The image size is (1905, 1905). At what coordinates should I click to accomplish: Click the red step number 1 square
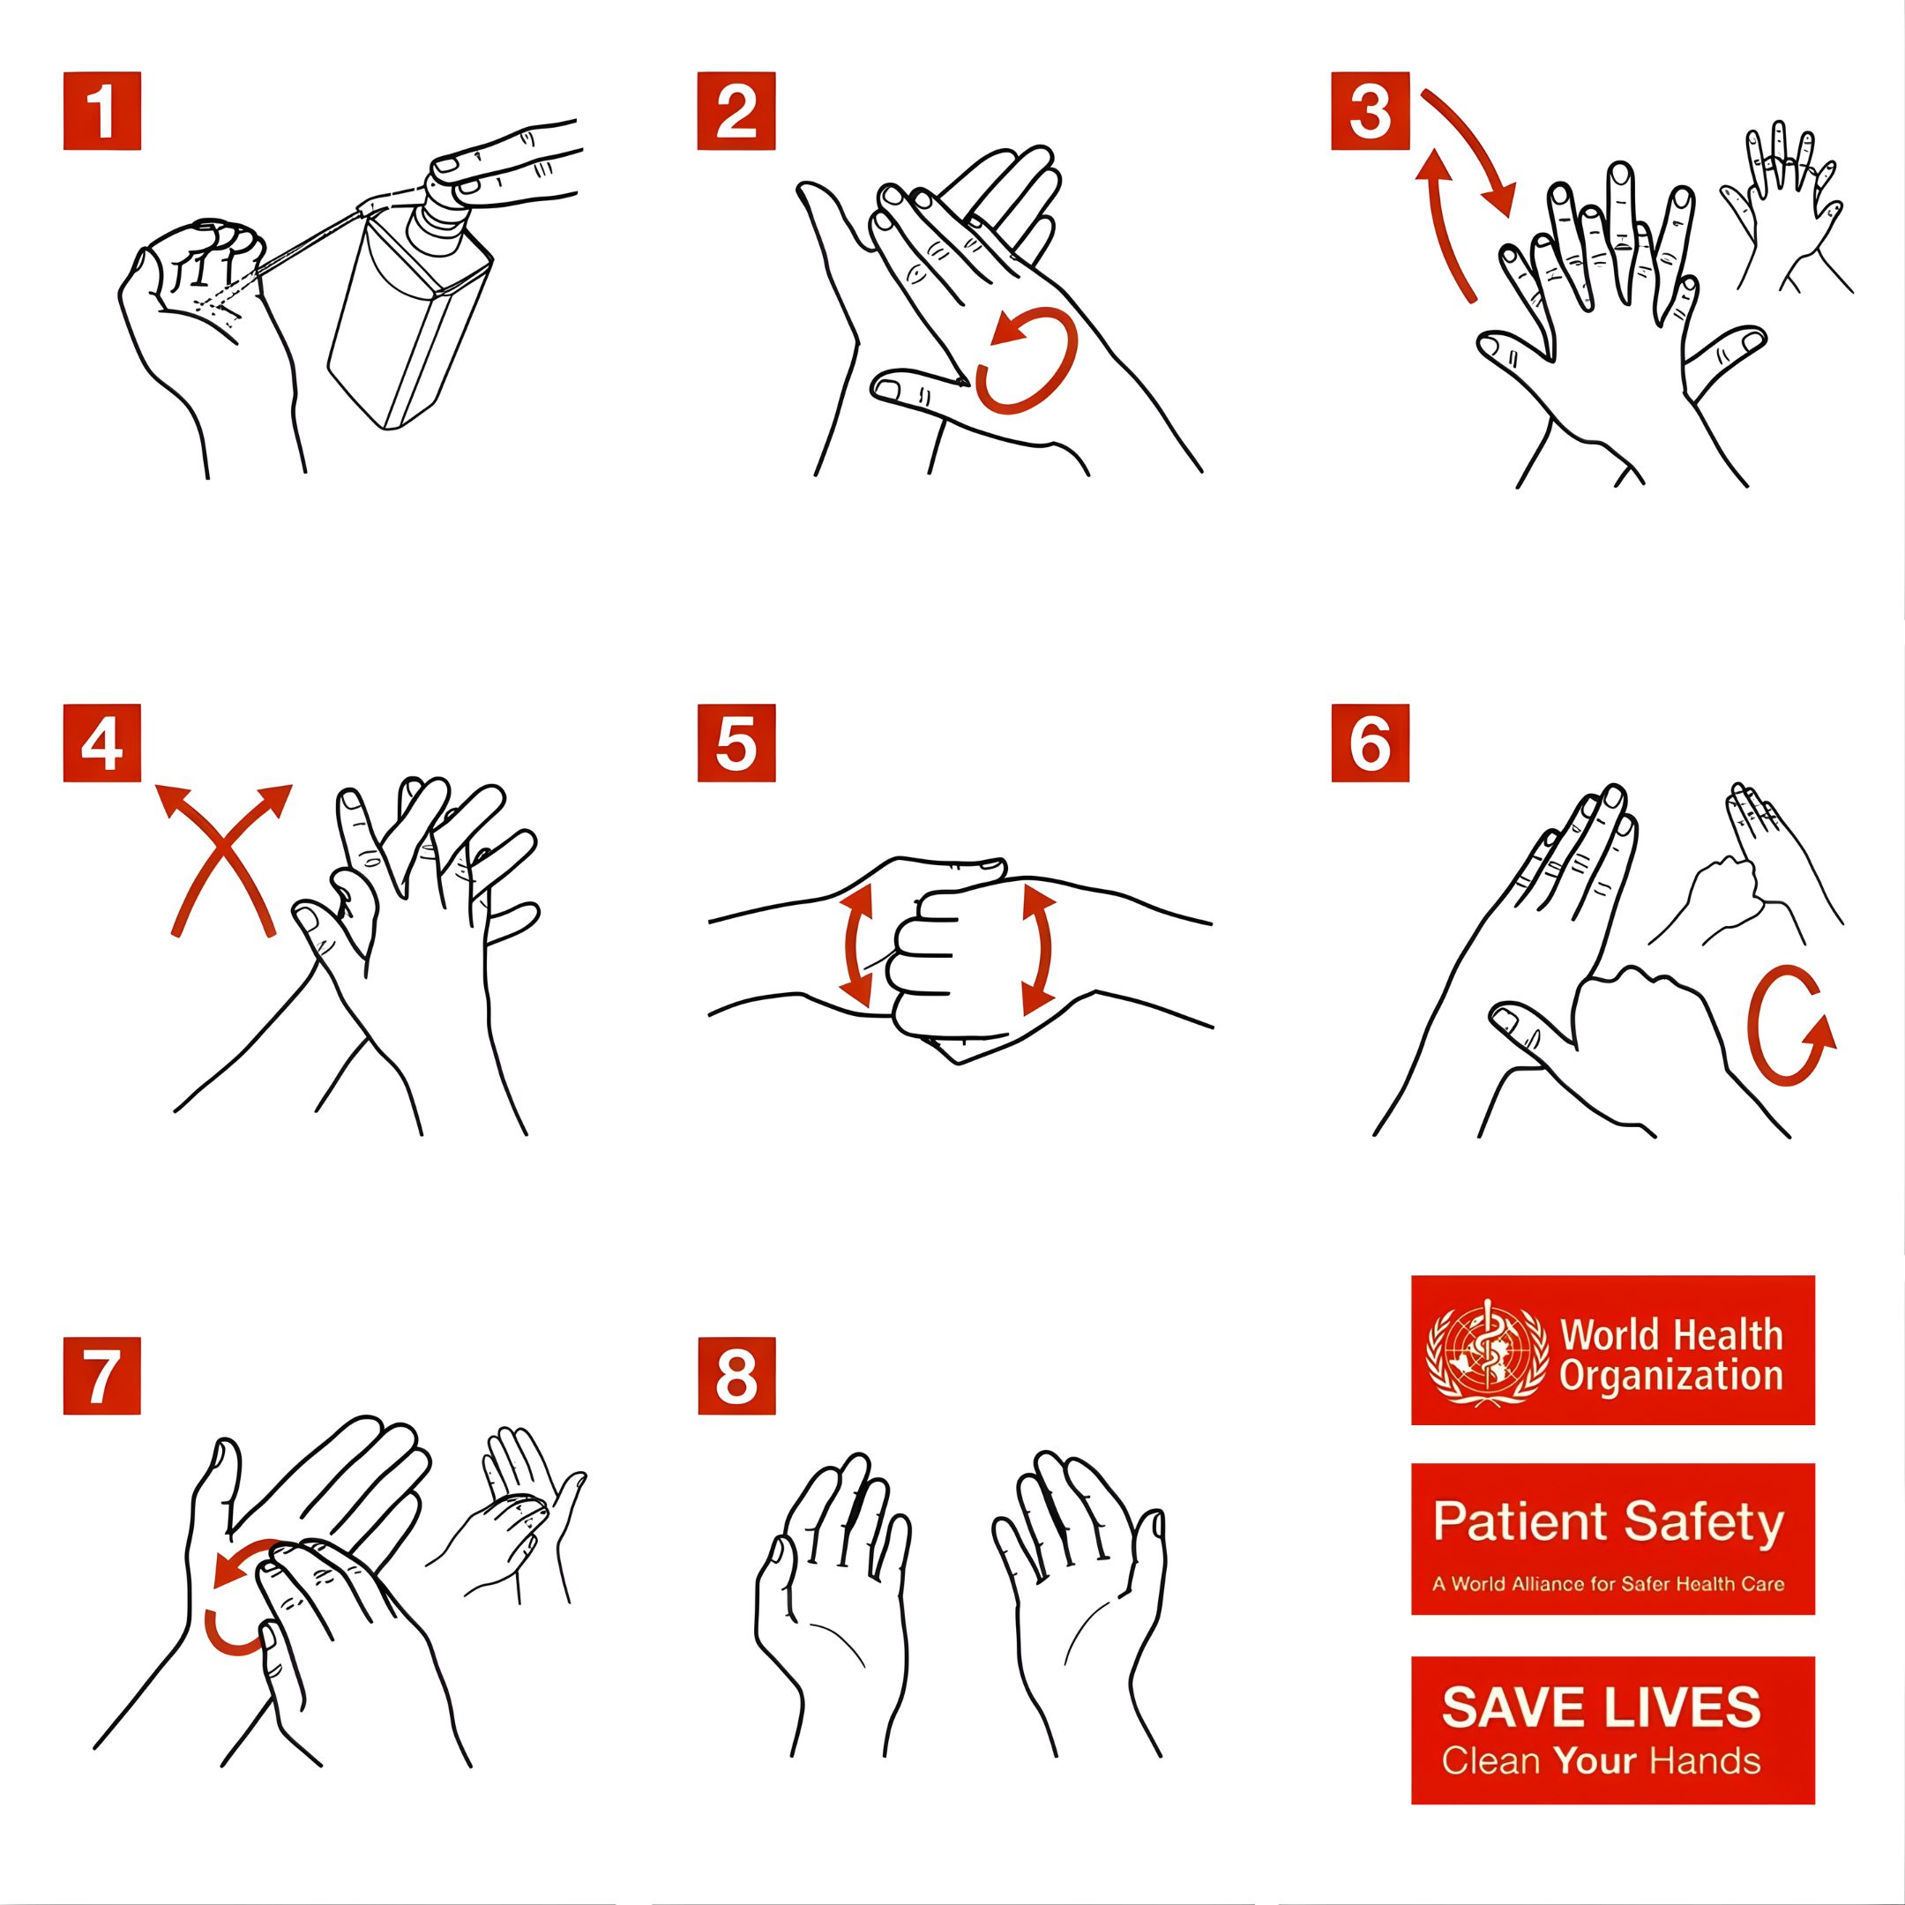102,110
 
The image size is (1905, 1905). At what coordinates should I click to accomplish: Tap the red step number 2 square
736,110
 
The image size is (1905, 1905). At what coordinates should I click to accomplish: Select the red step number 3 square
1371,110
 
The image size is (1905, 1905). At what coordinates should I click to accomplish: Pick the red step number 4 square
102,743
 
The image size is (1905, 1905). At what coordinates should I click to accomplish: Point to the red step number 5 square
736,743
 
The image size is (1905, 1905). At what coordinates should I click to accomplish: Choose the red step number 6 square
1371,743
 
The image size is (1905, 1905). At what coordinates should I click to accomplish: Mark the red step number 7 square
102,1377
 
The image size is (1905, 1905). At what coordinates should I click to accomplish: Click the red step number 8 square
736,1377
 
